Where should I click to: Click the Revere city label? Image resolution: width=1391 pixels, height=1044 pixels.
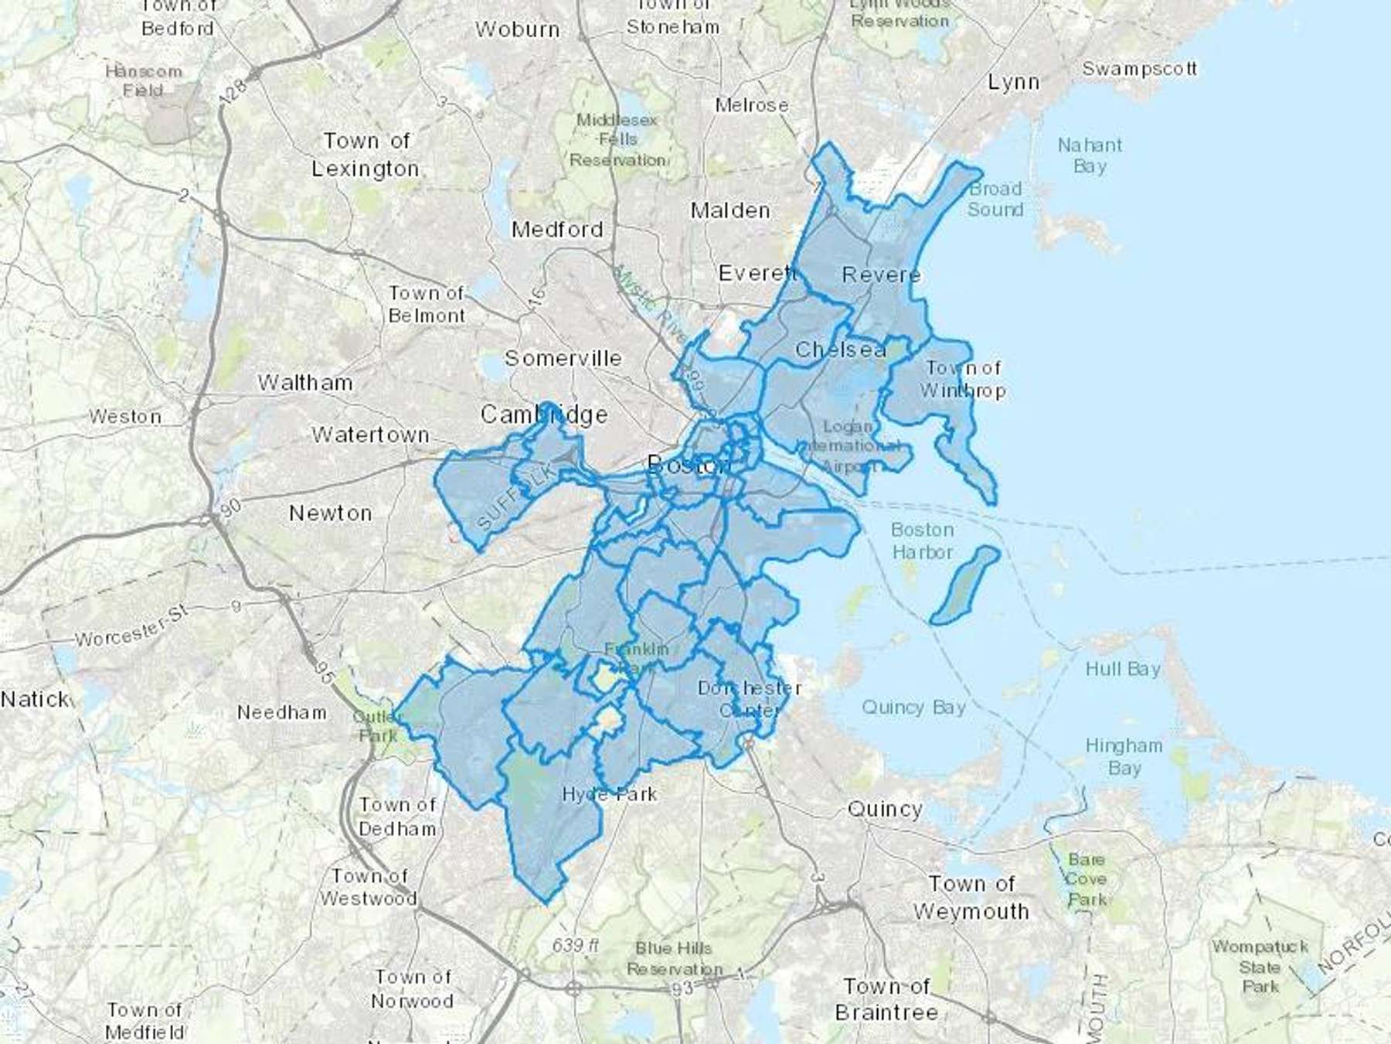pyautogui.click(x=881, y=275)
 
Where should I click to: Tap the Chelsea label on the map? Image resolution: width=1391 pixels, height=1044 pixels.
pyautogui.click(x=840, y=350)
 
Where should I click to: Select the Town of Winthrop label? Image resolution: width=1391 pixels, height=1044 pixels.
pyautogui.click(x=963, y=379)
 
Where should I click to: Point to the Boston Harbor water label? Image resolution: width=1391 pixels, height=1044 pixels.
pyautogui.click(x=922, y=541)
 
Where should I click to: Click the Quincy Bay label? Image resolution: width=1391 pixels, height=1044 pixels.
pyautogui.click(x=913, y=707)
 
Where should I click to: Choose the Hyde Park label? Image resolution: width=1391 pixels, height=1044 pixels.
pyautogui.click(x=610, y=794)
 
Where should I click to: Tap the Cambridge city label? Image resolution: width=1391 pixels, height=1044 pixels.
pyautogui.click(x=544, y=415)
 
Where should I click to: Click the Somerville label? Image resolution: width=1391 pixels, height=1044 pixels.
pyautogui.click(x=563, y=358)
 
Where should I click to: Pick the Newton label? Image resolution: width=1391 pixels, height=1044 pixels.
pyautogui.click(x=330, y=513)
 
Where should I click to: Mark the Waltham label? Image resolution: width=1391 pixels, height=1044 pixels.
pyautogui.click(x=305, y=382)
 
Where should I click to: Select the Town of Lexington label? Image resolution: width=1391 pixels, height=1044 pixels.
pyautogui.click(x=366, y=155)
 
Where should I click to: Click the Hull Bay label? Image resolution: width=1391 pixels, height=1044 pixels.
pyautogui.click(x=1123, y=669)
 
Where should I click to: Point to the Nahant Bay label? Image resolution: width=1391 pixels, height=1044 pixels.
pyautogui.click(x=1090, y=155)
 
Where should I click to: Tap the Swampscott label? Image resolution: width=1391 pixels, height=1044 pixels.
pyautogui.click(x=1139, y=69)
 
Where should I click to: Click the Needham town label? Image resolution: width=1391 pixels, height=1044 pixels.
pyautogui.click(x=281, y=712)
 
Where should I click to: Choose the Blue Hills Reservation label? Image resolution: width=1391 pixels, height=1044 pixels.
pyautogui.click(x=674, y=958)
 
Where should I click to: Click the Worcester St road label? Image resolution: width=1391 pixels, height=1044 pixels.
pyautogui.click(x=131, y=628)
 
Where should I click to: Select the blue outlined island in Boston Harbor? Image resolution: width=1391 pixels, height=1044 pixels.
pyautogui.click(x=964, y=585)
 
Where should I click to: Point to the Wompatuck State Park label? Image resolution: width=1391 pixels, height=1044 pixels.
pyautogui.click(x=1260, y=967)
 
